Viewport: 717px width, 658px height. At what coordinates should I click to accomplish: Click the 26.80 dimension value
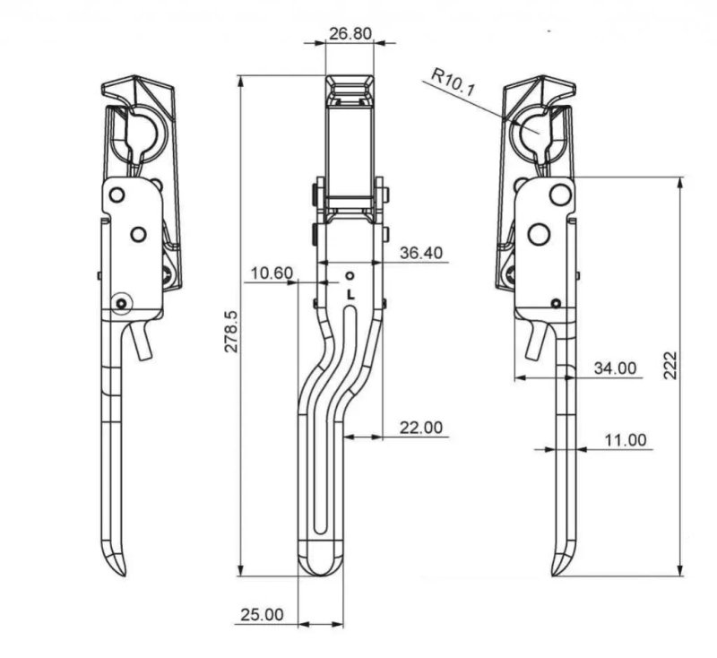pyautogui.click(x=350, y=33)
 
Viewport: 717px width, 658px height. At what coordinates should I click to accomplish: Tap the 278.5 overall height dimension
pyautogui.click(x=232, y=332)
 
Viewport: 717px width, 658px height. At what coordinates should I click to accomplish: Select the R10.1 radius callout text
pyautogui.click(x=454, y=82)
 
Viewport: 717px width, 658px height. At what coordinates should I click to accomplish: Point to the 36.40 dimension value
pyautogui.click(x=421, y=253)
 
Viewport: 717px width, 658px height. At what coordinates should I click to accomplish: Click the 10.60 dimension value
pyautogui.click(x=272, y=273)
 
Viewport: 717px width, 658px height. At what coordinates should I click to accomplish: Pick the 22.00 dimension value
pyautogui.click(x=421, y=428)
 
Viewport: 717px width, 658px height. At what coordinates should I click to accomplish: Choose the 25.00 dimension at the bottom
pyautogui.click(x=262, y=615)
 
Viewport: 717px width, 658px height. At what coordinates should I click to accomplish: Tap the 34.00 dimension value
pyautogui.click(x=615, y=368)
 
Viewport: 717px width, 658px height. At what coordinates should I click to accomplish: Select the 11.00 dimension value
pyautogui.click(x=626, y=440)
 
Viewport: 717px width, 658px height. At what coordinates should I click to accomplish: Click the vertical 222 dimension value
pyautogui.click(x=669, y=365)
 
